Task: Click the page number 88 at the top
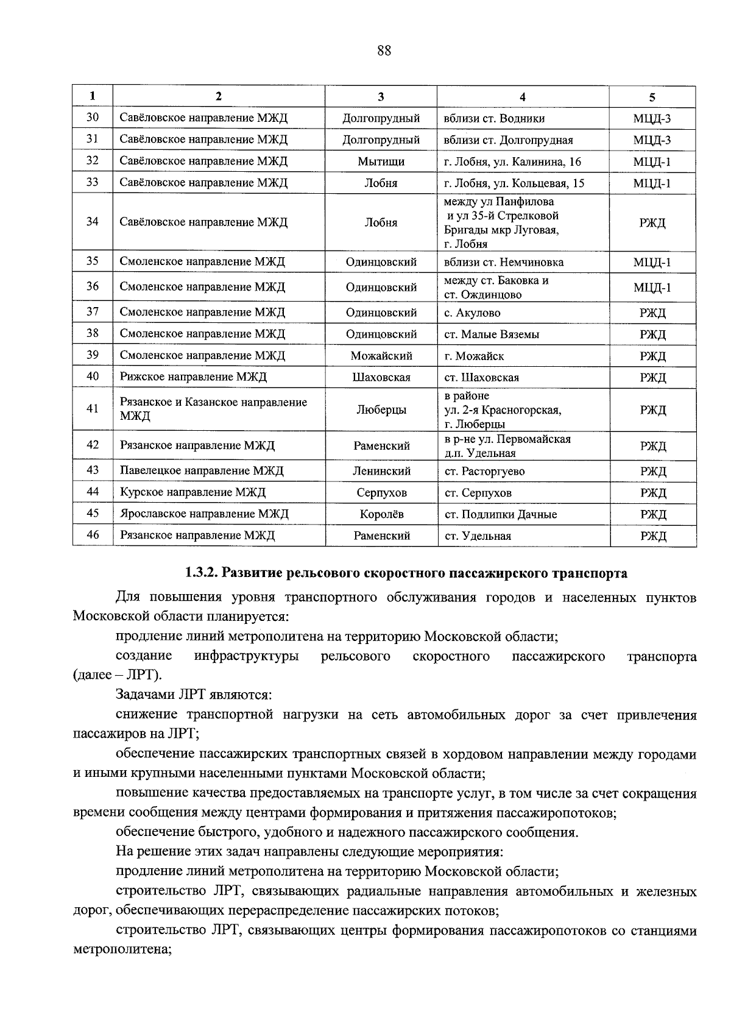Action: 384,51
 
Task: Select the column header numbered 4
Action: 522,96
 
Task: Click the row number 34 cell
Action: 92,222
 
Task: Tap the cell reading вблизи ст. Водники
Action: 494,118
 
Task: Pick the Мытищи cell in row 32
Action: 381,161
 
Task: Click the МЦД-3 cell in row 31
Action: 652,140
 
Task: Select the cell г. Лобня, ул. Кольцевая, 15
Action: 514,183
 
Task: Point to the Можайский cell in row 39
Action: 381,356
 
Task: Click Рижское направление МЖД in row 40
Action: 193,377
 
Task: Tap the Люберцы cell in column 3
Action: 381,409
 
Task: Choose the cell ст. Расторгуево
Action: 484,471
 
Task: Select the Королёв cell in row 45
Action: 381,514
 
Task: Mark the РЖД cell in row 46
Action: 652,536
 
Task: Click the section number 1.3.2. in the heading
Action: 202,573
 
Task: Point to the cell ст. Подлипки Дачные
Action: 500,514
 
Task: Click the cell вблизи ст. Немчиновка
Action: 504,263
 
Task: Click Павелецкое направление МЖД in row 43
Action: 202,471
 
